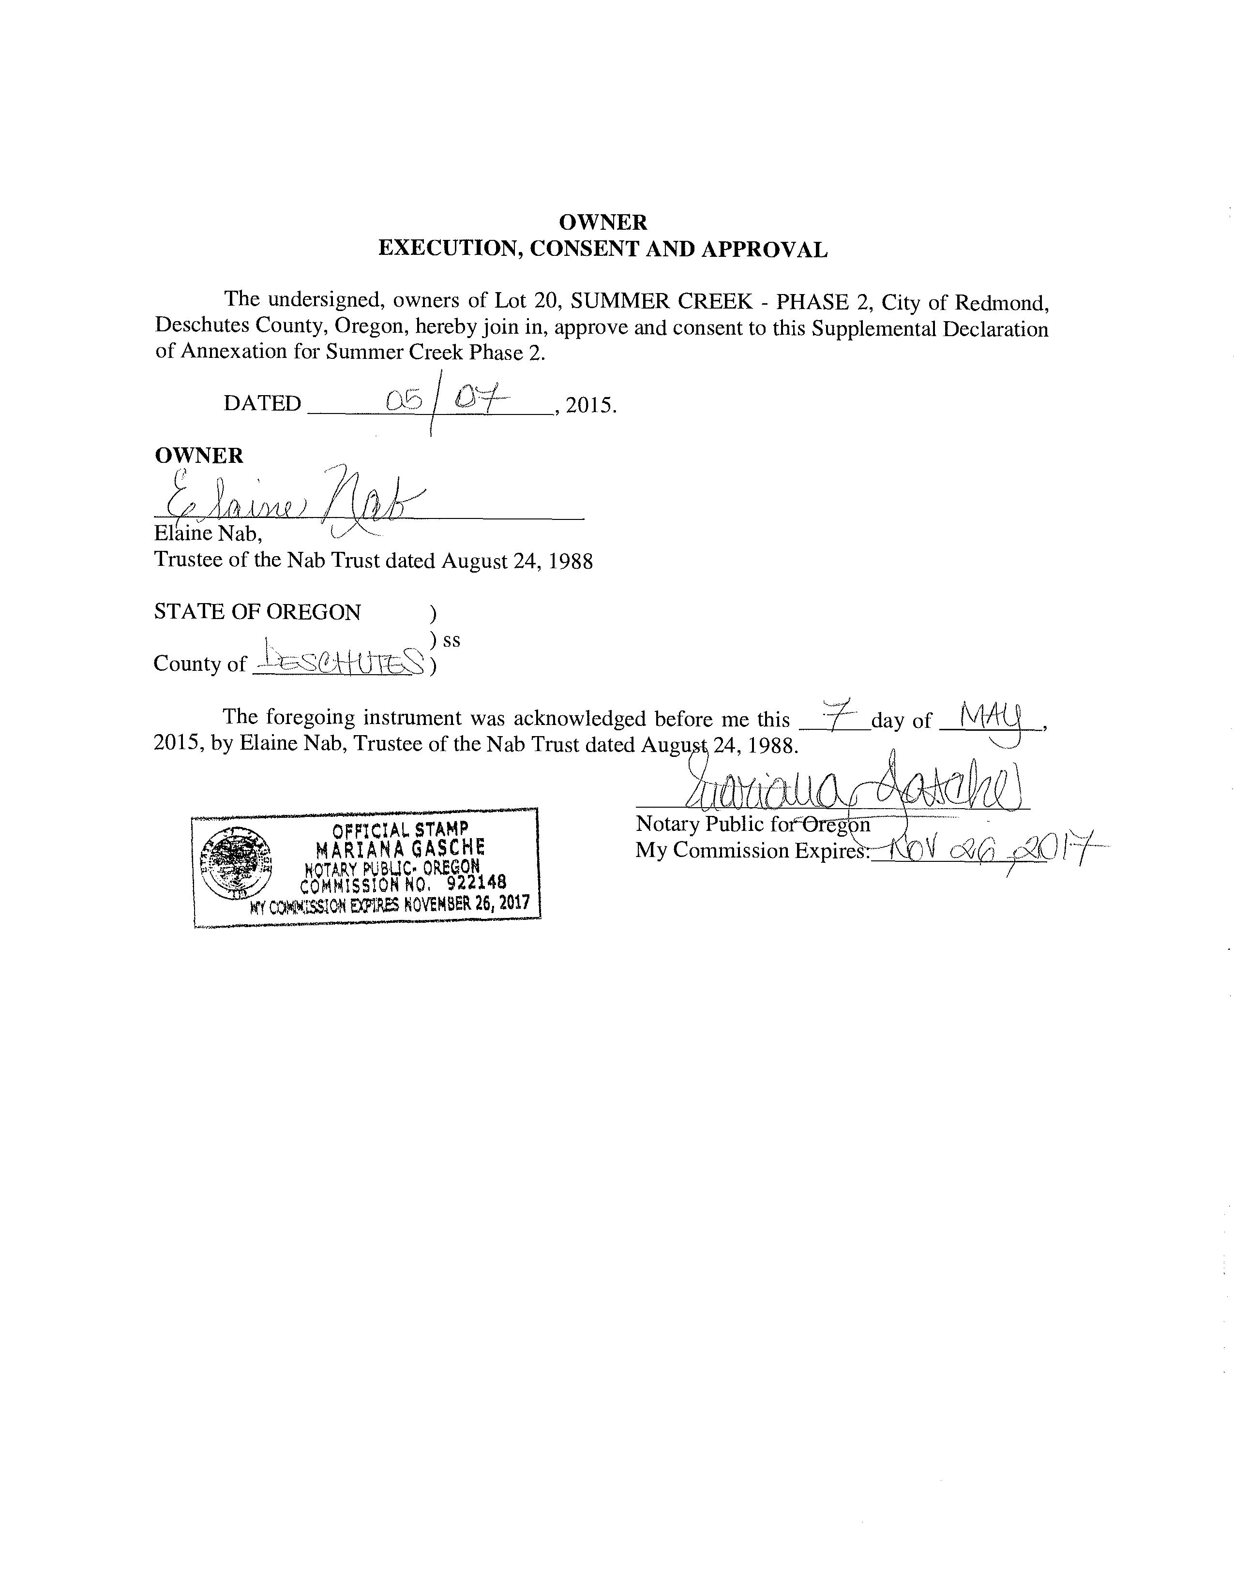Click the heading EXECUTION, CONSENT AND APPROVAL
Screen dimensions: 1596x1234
coord(602,249)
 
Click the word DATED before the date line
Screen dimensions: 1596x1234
coord(262,403)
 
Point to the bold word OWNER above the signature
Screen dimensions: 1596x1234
coord(199,455)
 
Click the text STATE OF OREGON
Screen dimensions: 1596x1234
coord(257,612)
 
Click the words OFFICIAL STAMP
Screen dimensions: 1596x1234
coord(400,830)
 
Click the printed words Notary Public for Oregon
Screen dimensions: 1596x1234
coord(753,824)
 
